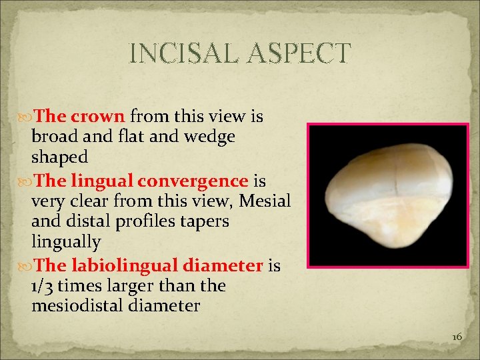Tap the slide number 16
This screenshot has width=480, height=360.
pyautogui.click(x=457, y=337)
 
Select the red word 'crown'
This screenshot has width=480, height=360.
pyautogui.click(x=98, y=117)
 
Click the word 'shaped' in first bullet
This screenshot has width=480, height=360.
pyautogui.click(x=59, y=157)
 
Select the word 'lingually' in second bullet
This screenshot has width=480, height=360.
pyautogui.click(x=65, y=241)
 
